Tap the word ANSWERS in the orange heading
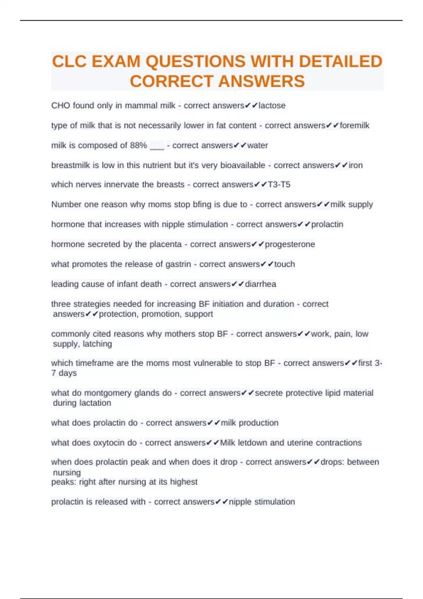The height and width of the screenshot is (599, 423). click(262, 81)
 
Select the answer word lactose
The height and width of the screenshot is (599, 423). click(272, 105)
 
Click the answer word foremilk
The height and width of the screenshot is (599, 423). click(354, 125)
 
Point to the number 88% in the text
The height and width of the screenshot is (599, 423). click(138, 145)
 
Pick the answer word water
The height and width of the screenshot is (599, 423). click(257, 145)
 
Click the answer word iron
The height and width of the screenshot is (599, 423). click(355, 165)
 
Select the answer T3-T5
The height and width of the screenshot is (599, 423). click(279, 185)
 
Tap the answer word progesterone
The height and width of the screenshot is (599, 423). click(290, 244)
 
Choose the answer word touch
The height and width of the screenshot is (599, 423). click(284, 264)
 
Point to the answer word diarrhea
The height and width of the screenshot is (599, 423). click(260, 284)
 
